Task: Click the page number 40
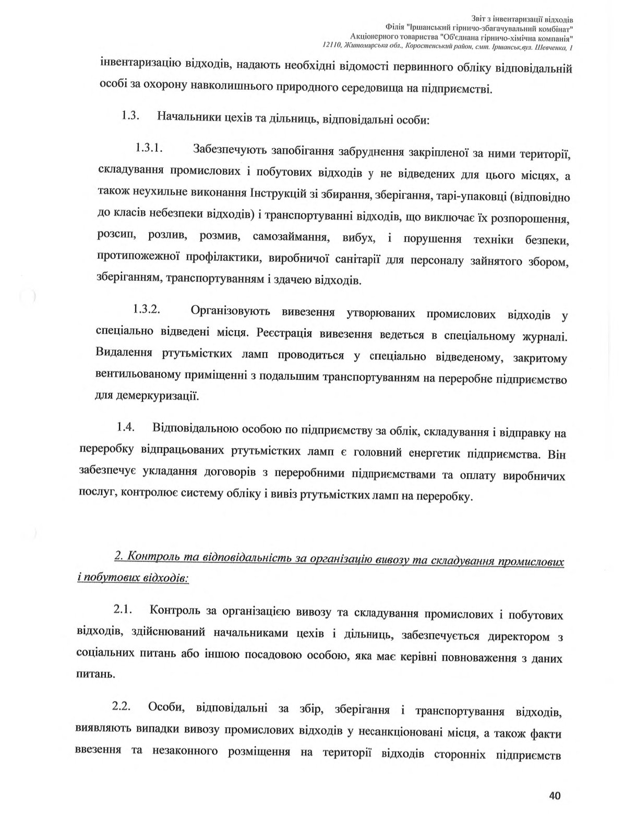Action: tap(554, 796)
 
